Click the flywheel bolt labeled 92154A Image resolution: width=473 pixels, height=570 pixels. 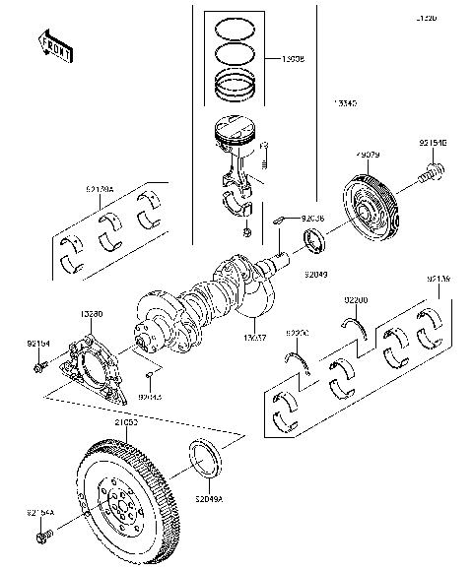click(x=45, y=538)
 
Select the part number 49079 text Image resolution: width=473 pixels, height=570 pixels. click(x=368, y=155)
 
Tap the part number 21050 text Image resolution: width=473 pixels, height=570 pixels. click(x=126, y=421)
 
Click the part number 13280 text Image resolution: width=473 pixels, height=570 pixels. click(x=91, y=314)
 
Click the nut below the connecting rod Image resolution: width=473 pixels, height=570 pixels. click(x=246, y=233)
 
